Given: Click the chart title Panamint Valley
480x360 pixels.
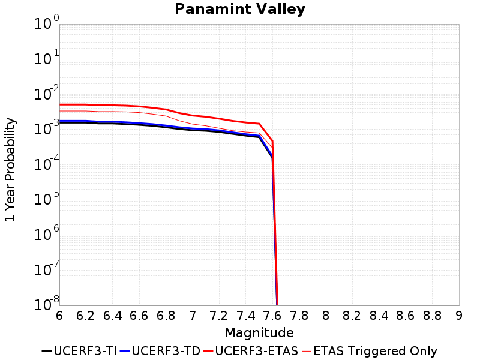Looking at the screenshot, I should pos(240,9).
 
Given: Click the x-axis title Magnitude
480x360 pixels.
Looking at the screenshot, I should pos(259,332).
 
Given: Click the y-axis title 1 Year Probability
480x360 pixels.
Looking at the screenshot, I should pos(10,170).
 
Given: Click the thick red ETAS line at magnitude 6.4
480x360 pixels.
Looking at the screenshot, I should pos(113,105).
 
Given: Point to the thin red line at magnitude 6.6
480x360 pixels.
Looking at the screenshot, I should pos(139,112).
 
